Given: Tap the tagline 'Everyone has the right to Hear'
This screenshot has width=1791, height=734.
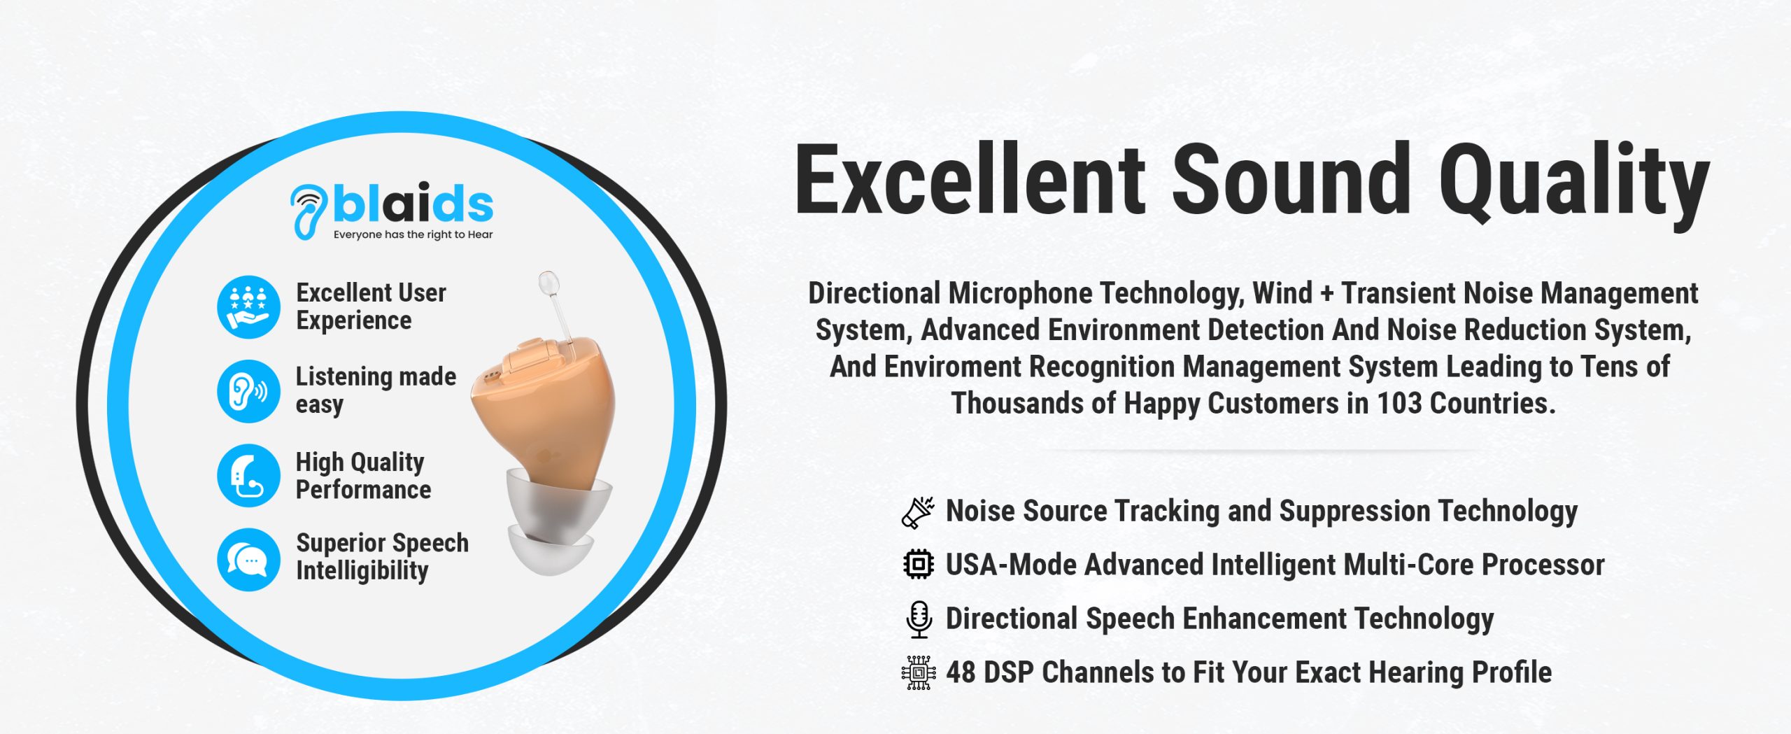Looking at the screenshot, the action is [x=413, y=235].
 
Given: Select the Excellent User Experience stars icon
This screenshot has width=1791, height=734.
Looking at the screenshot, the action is [x=248, y=307].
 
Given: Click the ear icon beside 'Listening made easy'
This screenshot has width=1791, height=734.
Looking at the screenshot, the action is [x=248, y=391].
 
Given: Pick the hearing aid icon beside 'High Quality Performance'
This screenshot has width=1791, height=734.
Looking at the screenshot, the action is [x=248, y=476].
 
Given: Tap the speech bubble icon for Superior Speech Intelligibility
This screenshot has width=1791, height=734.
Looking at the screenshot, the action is [x=248, y=560].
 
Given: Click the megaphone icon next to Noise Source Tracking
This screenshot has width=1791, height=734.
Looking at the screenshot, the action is [x=918, y=512].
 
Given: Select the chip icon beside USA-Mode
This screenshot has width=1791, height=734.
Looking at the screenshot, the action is [x=918, y=564].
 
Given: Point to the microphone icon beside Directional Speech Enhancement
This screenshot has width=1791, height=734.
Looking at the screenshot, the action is [x=919, y=619].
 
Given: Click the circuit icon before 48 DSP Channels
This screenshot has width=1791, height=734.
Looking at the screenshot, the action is [x=919, y=673].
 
